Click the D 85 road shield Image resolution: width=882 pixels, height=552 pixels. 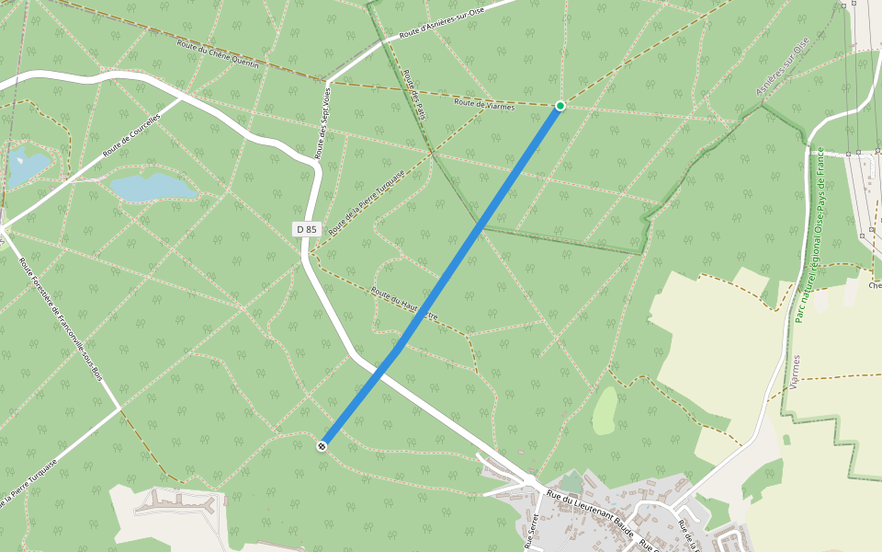pos(308,228)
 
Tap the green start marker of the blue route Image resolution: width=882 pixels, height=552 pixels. pos(559,107)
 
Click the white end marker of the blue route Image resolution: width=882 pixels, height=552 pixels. pos(322,446)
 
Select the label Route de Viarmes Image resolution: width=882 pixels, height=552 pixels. pos(484,102)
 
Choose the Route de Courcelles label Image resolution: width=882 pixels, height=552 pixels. pos(132,134)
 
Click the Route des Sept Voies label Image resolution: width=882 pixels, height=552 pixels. pos(323,120)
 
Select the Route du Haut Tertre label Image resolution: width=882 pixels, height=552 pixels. pos(404,305)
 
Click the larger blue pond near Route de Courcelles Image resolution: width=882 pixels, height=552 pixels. pos(153,187)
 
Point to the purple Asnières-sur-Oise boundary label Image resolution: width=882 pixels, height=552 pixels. pos(781,66)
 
